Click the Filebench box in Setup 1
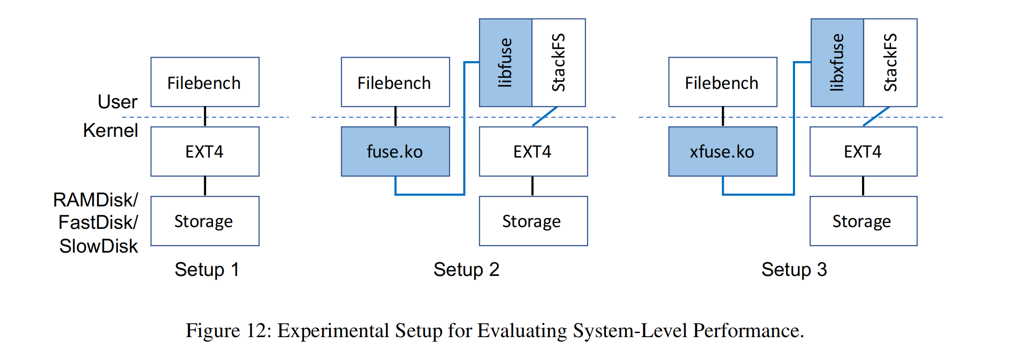click(x=205, y=82)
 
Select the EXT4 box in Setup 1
click(x=205, y=151)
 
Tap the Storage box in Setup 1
click(x=205, y=221)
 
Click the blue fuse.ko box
click(x=395, y=151)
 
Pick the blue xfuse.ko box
click(x=722, y=151)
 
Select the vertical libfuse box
click(x=505, y=62)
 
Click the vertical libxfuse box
click(x=837, y=62)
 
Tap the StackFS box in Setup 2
click(x=559, y=62)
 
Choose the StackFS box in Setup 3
click(x=890, y=62)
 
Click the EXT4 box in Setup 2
click(x=533, y=151)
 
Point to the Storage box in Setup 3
click(x=863, y=221)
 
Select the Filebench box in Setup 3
click(x=722, y=82)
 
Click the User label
click(x=118, y=102)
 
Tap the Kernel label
click(x=111, y=131)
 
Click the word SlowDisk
click(x=99, y=246)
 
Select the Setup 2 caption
click(x=466, y=269)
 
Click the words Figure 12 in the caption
click(x=227, y=331)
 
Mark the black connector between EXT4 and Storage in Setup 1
click(x=205, y=186)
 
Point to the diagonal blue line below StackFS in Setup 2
click(x=545, y=116)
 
